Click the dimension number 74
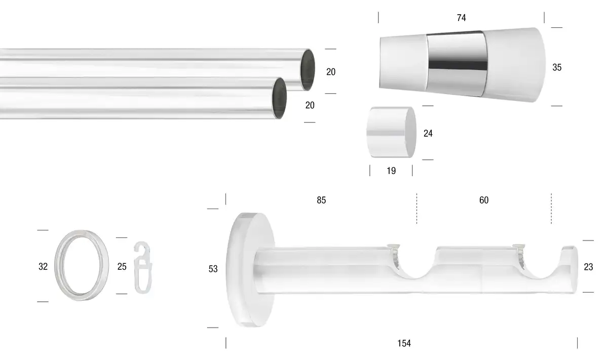[462, 18]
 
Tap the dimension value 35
[557, 67]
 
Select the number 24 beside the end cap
[428, 134]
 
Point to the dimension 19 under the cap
[391, 171]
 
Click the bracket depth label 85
[321, 200]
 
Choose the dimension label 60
[484, 200]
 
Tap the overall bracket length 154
[404, 343]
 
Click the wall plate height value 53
[213, 269]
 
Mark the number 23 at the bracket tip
[588, 267]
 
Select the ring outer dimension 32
[43, 266]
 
